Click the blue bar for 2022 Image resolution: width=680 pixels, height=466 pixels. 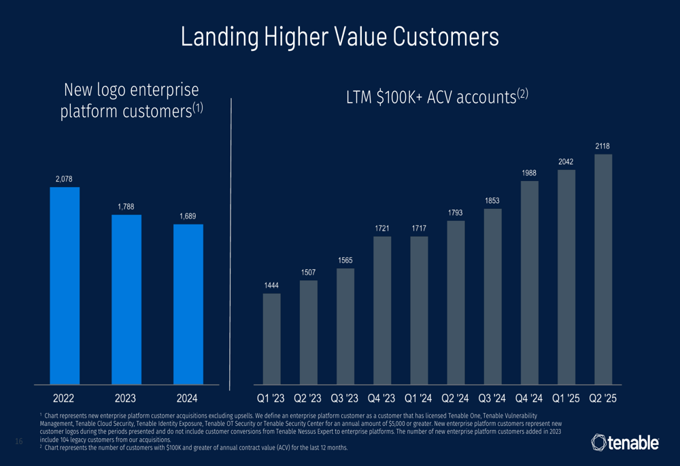(65, 285)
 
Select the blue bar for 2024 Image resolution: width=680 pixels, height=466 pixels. (188, 303)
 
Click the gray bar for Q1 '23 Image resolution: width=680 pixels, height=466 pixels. (271, 339)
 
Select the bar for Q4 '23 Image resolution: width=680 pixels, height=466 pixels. (383, 310)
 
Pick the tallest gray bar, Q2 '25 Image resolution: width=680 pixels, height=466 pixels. (603, 269)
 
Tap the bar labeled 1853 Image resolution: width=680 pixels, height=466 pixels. (493, 297)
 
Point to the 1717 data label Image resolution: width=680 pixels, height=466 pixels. (420, 228)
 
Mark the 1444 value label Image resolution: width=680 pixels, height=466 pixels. (272, 286)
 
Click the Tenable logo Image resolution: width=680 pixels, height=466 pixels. (625, 443)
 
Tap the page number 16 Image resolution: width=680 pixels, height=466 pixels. (19, 443)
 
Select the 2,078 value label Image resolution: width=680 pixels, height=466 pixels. (65, 178)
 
